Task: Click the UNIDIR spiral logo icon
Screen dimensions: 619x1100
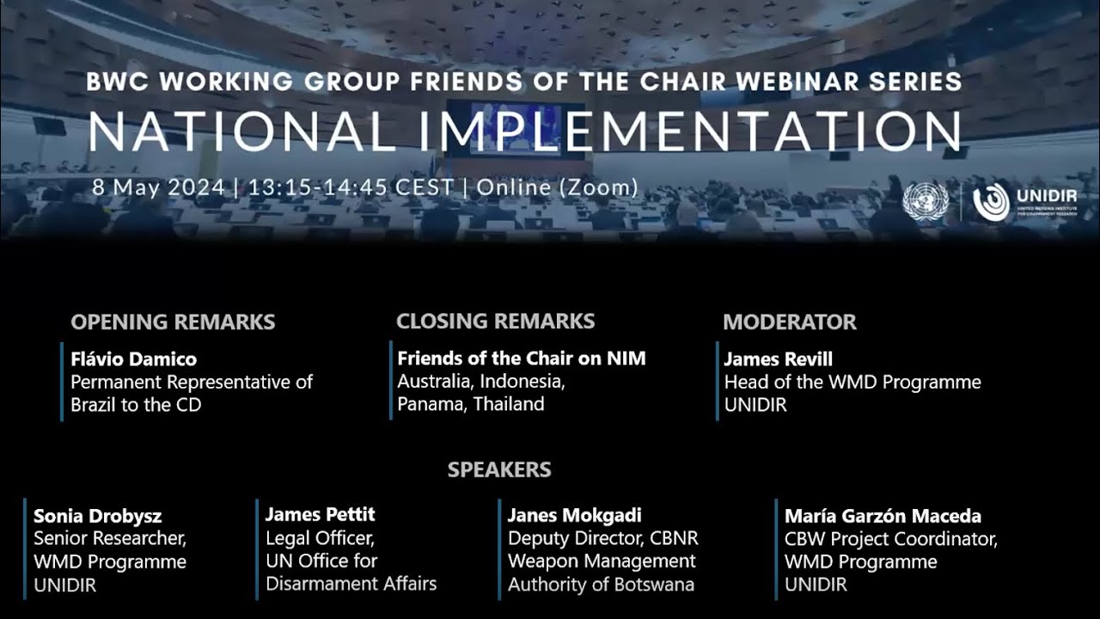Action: tap(991, 202)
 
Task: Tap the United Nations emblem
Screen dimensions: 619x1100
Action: tap(925, 203)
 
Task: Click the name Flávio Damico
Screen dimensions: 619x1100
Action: tap(133, 359)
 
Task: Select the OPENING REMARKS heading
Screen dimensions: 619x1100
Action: tap(173, 322)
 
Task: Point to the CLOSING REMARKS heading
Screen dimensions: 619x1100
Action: tap(495, 322)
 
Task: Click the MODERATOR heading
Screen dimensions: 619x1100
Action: tap(789, 322)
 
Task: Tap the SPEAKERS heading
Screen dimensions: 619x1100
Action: tap(499, 470)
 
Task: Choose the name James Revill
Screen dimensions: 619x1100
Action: tap(778, 359)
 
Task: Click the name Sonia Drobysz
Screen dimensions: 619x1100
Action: tap(97, 517)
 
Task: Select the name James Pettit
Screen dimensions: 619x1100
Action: tap(320, 515)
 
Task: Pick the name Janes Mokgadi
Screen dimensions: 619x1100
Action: tap(574, 516)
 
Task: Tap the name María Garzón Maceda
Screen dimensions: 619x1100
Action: tap(883, 517)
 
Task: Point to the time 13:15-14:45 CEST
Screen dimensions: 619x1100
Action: tap(351, 187)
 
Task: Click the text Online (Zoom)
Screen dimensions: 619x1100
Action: tap(557, 187)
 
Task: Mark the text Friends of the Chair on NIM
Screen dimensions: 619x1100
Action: tap(521, 359)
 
